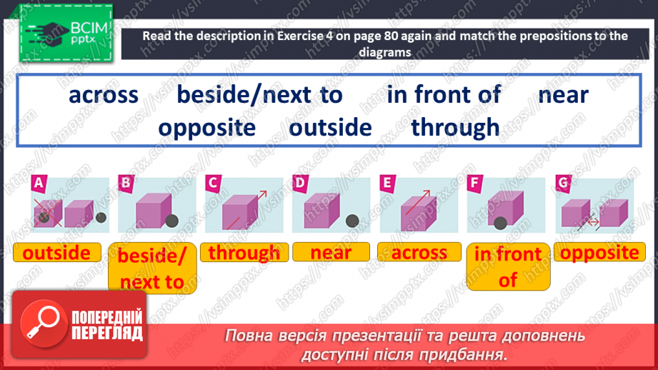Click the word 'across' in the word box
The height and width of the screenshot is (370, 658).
pos(104,95)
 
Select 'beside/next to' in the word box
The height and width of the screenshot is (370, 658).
pos(260,95)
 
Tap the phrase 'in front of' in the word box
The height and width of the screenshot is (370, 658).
pos(444,95)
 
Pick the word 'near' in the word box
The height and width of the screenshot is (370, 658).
pos(564,95)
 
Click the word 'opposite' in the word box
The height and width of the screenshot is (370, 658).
pos(207,128)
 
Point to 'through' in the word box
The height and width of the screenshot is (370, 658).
pos(455,128)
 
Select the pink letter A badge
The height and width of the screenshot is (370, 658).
pos(39,185)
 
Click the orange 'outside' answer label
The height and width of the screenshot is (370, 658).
pos(56,253)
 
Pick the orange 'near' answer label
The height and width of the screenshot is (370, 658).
pos(331,253)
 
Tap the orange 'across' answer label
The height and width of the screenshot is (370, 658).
pos(419,253)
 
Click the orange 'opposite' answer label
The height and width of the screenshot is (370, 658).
pos(599,253)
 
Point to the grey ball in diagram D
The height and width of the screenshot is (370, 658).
pos(352,221)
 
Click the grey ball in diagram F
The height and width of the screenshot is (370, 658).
pos(501,223)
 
